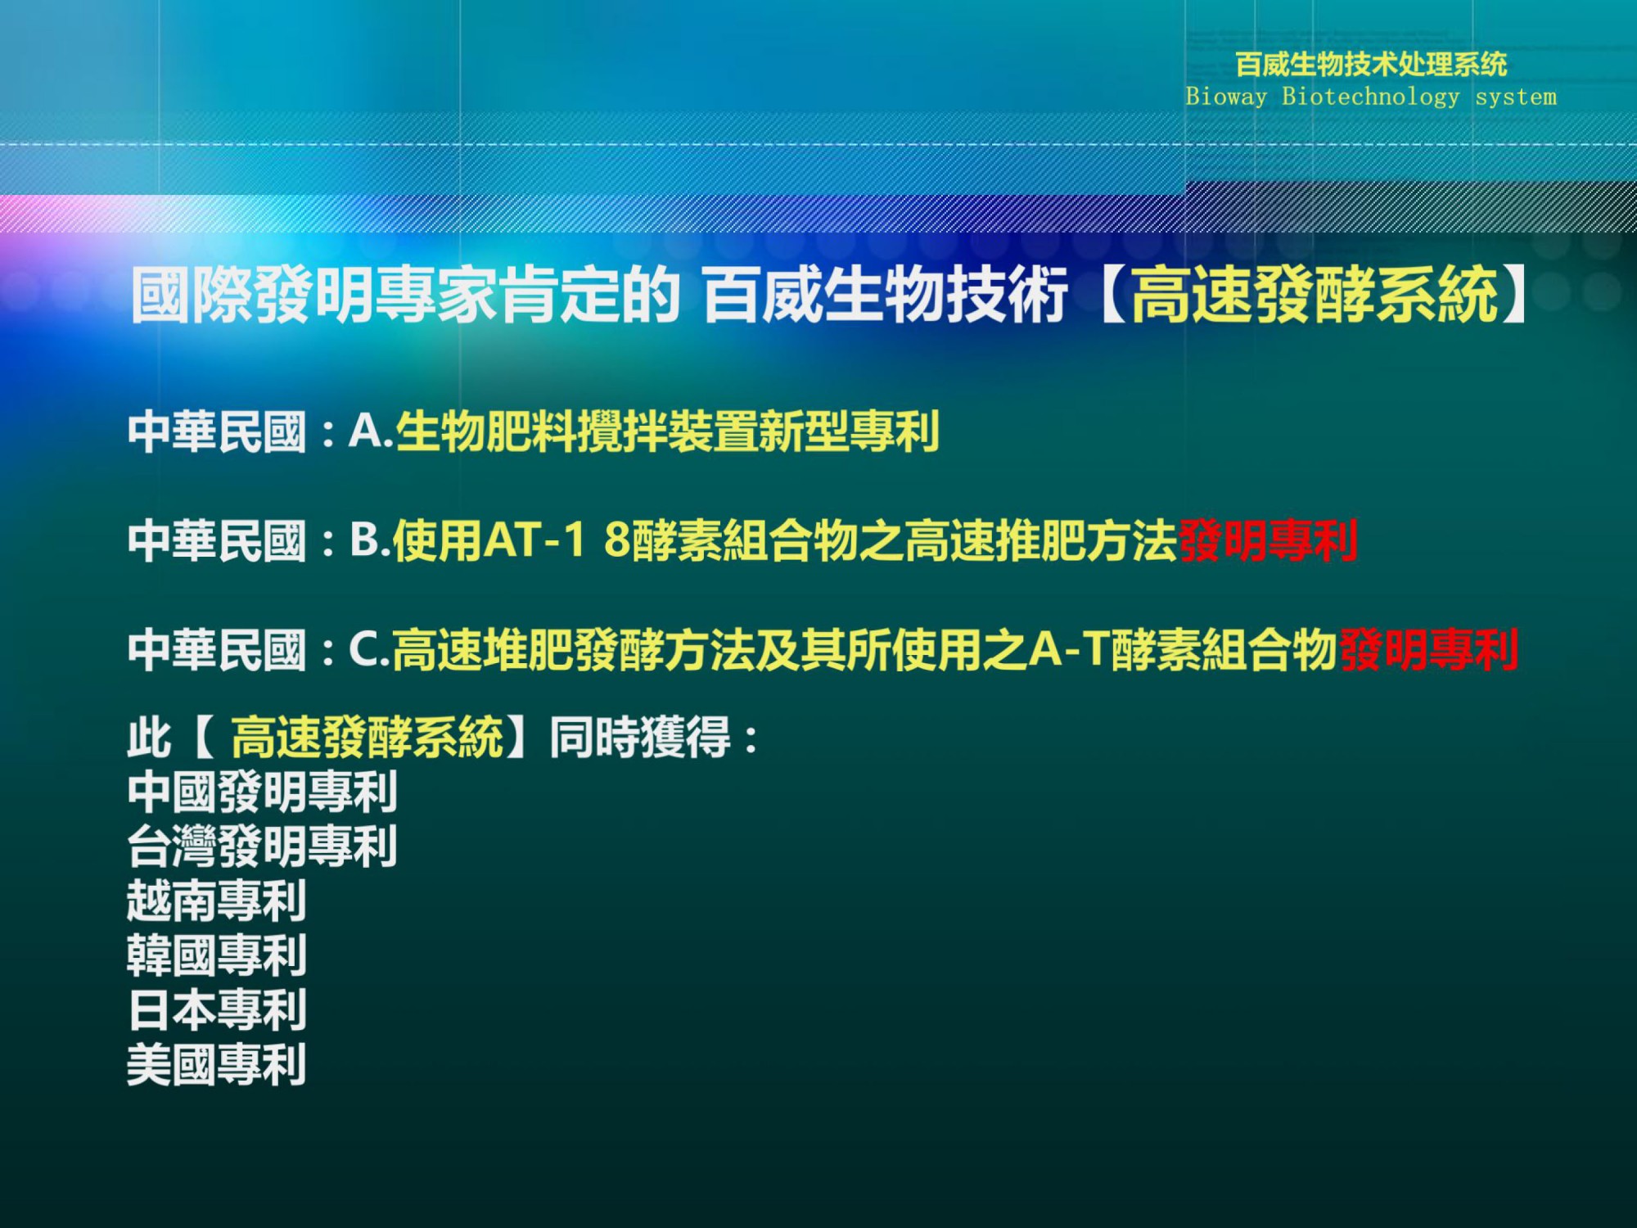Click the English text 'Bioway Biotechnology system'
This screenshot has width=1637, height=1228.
tap(1371, 97)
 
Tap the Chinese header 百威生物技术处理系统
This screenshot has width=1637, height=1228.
tap(1371, 64)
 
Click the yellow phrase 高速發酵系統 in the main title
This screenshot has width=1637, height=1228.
tap(1315, 294)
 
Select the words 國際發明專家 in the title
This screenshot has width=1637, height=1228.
tap(314, 294)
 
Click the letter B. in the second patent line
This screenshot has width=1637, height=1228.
tap(371, 540)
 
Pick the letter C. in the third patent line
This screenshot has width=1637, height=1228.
tap(370, 649)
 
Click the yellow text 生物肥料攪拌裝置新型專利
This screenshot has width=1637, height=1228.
tap(668, 431)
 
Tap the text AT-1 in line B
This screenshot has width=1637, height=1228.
tap(535, 540)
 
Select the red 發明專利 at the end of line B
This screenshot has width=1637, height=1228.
tap(1268, 540)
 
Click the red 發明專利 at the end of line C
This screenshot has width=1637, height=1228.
tap(1429, 650)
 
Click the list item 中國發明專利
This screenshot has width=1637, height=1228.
tap(263, 792)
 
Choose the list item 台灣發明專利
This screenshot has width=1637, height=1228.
tap(263, 847)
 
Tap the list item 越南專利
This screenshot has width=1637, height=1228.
tap(217, 901)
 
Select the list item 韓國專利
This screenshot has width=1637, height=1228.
tap(217, 955)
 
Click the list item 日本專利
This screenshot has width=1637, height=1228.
tap(217, 1010)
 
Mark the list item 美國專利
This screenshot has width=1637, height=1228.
tap(217, 1065)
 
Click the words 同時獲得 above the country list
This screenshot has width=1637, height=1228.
tap(640, 737)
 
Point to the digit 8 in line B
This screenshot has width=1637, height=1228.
tap(617, 540)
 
